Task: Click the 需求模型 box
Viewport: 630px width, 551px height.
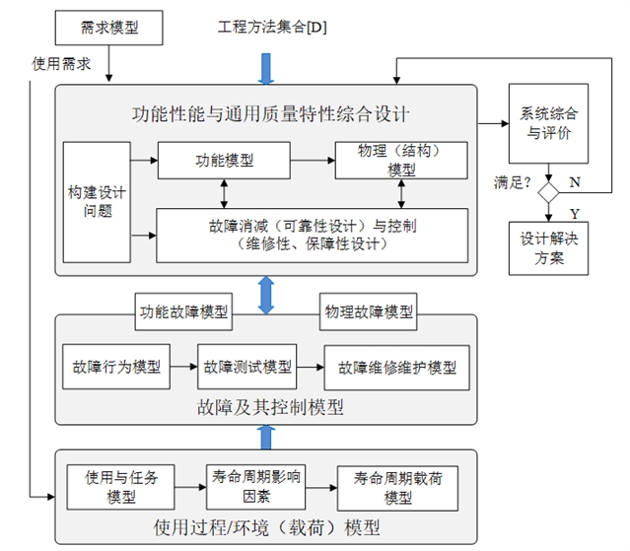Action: pos(109,28)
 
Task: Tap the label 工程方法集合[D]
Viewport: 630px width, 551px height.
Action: pos(272,27)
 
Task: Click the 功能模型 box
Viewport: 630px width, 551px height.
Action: pos(225,158)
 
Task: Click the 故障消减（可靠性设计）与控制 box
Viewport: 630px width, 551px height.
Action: pos(312,235)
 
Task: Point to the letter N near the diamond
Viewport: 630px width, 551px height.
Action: pos(575,182)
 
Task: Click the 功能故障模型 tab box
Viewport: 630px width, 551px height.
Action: pos(183,312)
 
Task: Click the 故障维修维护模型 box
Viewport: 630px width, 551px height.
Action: pos(397,368)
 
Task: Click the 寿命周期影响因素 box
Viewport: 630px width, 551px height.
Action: pos(256,486)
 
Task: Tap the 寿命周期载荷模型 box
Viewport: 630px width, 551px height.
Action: pos(398,487)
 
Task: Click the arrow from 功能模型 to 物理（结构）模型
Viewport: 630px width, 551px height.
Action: pos(313,158)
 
